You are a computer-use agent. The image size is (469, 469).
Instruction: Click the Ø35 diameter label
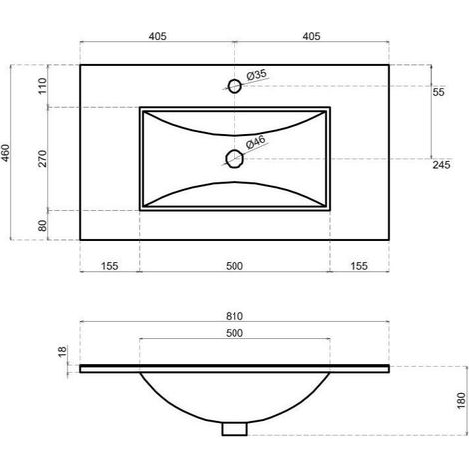click(257, 74)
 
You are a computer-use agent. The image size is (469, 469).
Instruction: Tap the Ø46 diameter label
click(256, 142)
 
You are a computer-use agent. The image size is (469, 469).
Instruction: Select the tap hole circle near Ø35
click(234, 86)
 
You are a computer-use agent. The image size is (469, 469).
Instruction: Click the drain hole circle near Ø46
click(234, 159)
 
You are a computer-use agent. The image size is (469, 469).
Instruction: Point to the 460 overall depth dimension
click(6, 153)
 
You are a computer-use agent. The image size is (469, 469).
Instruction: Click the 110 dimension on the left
click(43, 86)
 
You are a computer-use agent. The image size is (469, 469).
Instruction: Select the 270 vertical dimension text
click(43, 158)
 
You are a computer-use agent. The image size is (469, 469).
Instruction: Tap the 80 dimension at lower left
click(43, 226)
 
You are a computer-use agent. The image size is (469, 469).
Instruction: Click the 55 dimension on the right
click(438, 92)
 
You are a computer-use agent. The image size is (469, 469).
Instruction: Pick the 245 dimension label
click(441, 165)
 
